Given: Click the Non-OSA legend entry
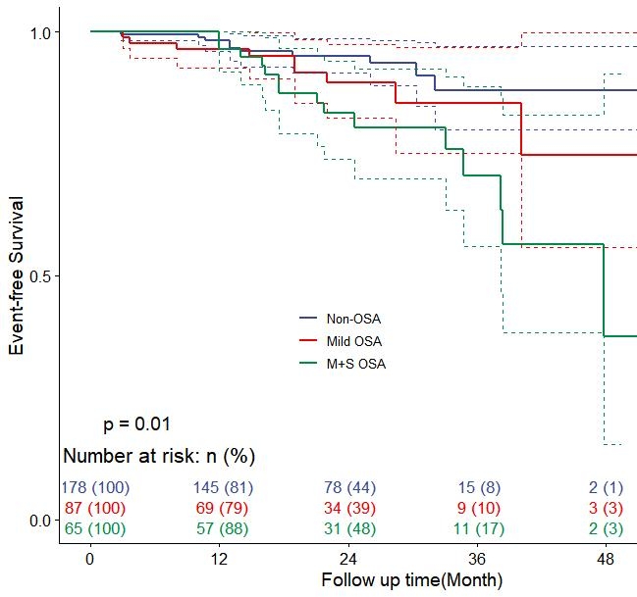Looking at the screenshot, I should point(353,320).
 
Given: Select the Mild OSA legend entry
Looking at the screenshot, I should point(353,341).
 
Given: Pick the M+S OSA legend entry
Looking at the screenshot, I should point(355,364).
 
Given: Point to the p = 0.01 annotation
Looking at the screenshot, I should point(137,424).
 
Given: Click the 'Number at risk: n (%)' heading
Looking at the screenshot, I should point(159,456).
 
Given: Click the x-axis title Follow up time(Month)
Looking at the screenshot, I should point(412,580).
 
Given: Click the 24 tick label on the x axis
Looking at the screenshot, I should point(348,559).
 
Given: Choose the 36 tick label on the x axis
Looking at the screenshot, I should point(478,559).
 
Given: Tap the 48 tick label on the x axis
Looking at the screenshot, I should point(607,559).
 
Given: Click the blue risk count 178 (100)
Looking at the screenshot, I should point(95,488).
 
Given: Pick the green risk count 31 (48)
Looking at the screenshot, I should point(349,529).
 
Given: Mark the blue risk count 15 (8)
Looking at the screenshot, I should point(478,488).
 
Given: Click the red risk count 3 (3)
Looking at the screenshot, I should point(607,509).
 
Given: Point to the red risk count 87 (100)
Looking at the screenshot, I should point(95,509).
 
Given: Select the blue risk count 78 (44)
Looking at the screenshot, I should point(349,488).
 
